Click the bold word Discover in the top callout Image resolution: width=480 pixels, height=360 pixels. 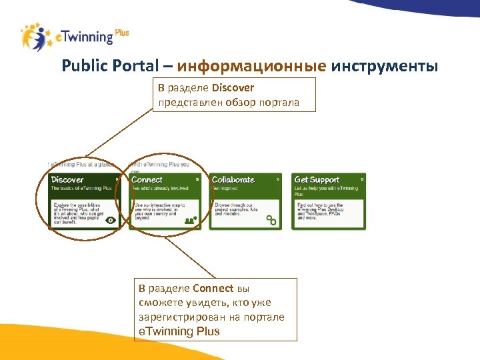tap(233, 88)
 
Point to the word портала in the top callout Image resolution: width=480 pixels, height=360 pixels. tap(281, 103)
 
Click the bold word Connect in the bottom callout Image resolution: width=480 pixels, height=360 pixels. tap(213, 289)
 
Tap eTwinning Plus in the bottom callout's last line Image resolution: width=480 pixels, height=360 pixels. tap(179, 331)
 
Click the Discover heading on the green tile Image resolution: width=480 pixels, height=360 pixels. tap(67, 179)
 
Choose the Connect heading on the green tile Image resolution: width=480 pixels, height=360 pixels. tap(147, 179)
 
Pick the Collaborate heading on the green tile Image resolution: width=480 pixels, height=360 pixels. tap(233, 179)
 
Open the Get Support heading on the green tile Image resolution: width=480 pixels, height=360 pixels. tap(317, 179)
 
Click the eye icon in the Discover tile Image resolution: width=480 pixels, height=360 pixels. tap(110, 219)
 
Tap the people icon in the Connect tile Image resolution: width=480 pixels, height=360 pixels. tap(191, 219)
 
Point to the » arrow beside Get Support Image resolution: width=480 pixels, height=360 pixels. tap(362, 179)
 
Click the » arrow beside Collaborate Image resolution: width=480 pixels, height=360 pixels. tap(277, 179)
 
